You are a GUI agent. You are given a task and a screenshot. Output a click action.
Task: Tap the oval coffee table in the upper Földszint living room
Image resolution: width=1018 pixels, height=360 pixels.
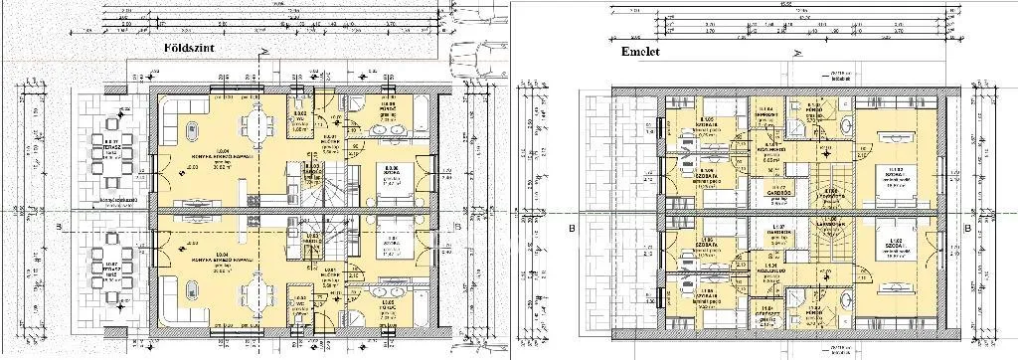(191, 131)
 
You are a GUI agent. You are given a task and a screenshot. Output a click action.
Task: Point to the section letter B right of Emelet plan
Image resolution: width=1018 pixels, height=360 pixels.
(966, 227)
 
